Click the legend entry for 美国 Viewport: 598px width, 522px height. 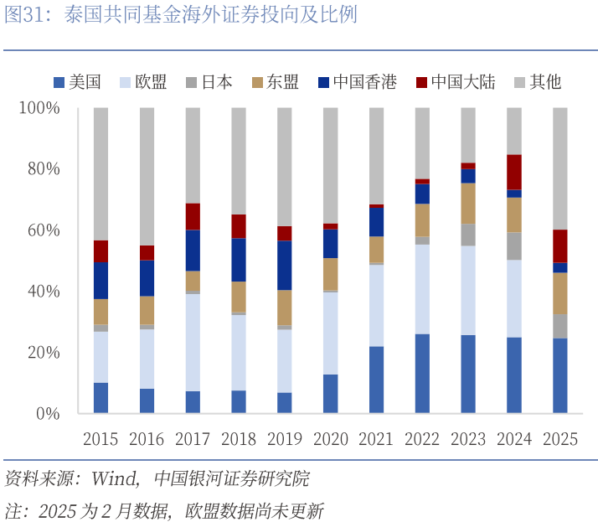77,82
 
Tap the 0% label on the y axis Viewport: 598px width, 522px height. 48,414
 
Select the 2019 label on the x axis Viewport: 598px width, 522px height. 284,439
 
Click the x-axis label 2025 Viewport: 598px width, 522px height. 559,439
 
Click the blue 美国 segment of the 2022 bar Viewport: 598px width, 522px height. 422,373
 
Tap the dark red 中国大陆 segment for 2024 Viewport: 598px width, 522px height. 514,172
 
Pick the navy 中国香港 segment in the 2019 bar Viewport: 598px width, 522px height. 285,265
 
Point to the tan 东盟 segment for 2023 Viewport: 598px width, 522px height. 468,203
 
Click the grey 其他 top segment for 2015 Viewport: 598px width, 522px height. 101,173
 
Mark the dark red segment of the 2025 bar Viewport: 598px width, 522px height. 560,245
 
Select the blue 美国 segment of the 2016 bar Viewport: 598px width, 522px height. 147,401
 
